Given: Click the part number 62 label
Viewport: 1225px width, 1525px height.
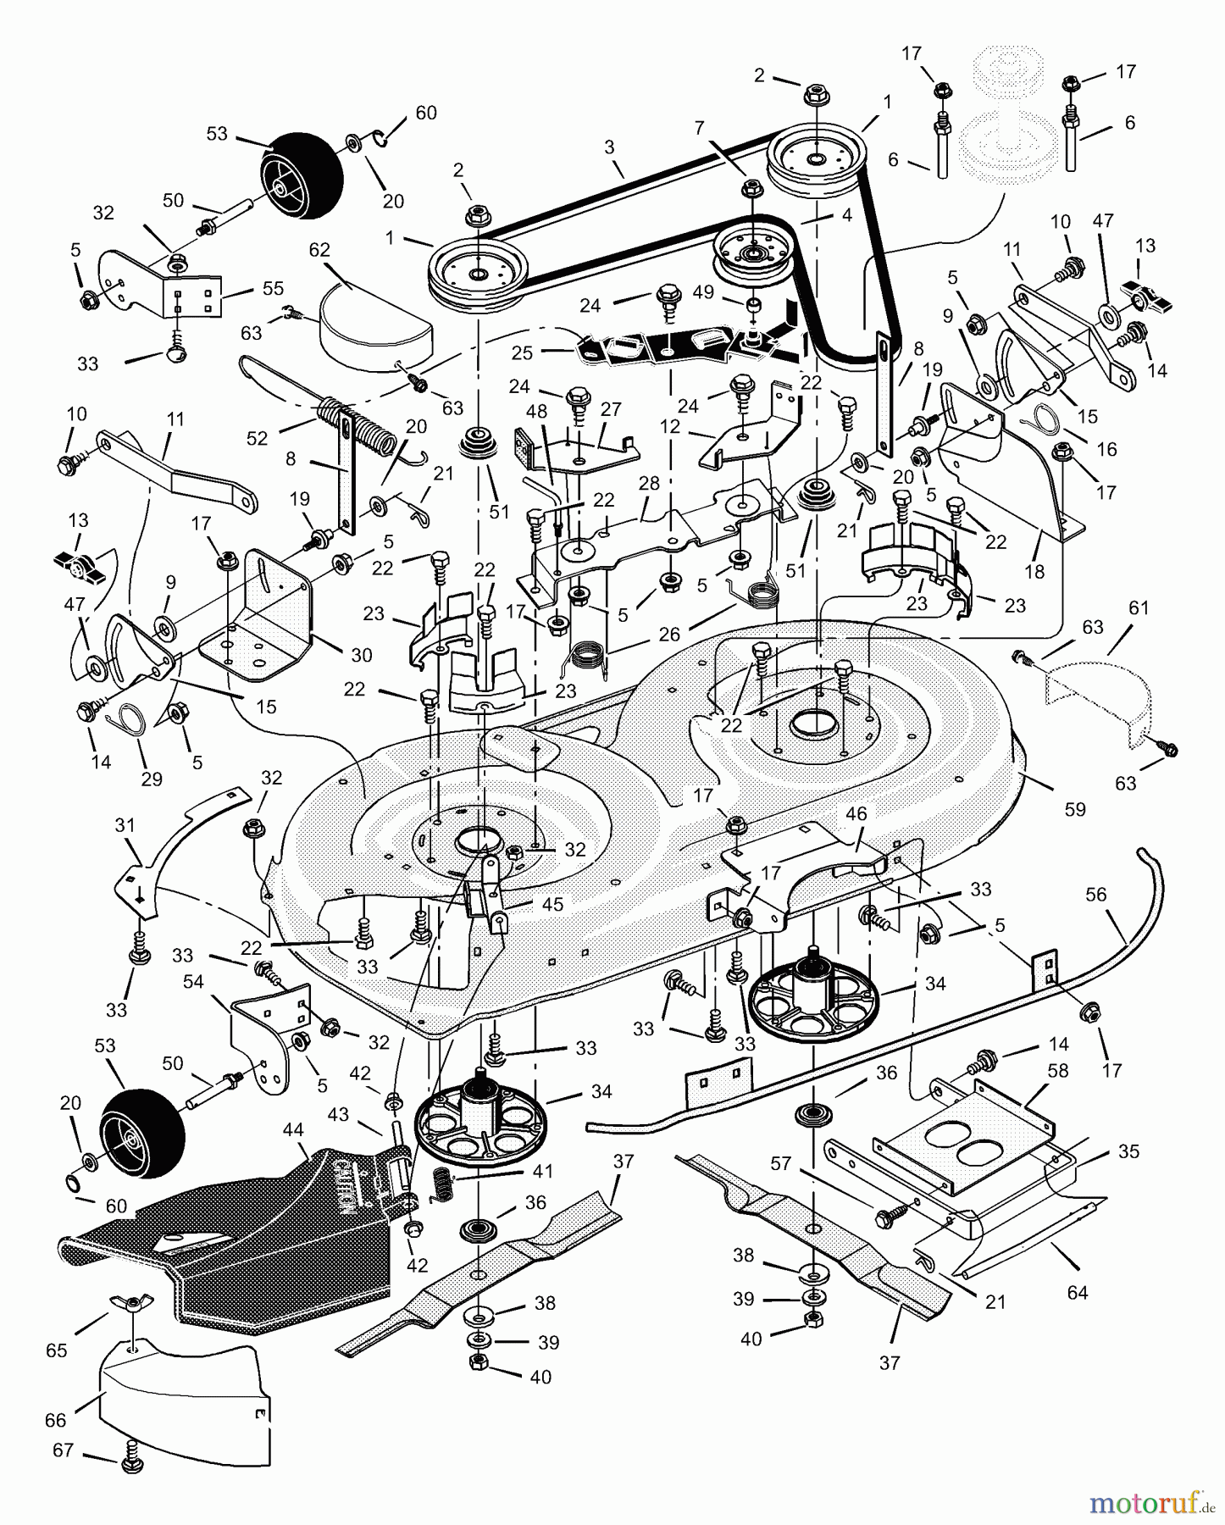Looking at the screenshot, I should click(x=319, y=251).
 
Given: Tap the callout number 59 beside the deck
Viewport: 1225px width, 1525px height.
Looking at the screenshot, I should click(x=1074, y=809).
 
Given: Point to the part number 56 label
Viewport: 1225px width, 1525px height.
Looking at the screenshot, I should click(x=1095, y=896).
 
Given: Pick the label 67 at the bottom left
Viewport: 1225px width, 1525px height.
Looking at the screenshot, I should click(x=64, y=1450).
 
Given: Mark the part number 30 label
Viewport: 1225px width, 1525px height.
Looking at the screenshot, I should click(x=362, y=655).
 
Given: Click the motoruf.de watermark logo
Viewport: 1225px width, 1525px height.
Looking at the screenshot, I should click(x=1152, y=1504).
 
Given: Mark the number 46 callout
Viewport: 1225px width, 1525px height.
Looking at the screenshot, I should click(x=856, y=814).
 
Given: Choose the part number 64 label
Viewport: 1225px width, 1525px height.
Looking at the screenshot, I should click(x=1077, y=1293).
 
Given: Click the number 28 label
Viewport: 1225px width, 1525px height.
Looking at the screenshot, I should click(x=649, y=484).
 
